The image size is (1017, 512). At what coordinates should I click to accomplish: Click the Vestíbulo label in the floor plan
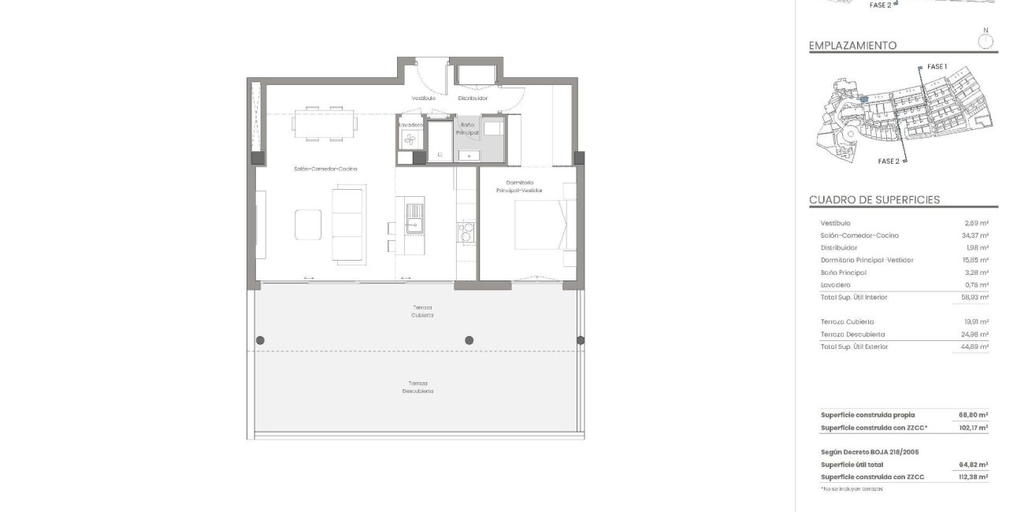(x=423, y=98)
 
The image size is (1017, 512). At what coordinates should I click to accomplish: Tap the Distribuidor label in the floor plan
(x=473, y=98)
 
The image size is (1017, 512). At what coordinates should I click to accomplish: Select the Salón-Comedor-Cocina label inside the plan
(x=321, y=169)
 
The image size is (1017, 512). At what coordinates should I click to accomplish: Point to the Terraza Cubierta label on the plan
(x=421, y=311)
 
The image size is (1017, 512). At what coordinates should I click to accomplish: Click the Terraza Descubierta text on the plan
(x=418, y=387)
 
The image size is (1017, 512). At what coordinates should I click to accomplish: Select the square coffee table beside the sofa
(x=309, y=224)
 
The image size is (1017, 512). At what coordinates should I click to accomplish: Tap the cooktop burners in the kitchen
(x=466, y=232)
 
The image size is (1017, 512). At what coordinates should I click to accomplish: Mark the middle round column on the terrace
(x=470, y=340)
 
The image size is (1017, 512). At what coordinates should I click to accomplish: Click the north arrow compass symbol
(x=985, y=40)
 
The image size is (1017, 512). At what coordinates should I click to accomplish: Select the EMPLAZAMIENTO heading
(x=852, y=46)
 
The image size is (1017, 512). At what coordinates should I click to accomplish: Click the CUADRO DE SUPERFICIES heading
(x=874, y=200)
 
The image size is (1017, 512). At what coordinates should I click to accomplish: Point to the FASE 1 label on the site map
(x=937, y=67)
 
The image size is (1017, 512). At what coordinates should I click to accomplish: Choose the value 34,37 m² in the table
(x=974, y=236)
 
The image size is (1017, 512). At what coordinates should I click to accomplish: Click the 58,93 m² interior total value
(x=974, y=297)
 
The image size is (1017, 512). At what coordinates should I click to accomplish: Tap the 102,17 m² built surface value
(x=974, y=428)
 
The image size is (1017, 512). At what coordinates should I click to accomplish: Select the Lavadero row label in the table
(x=835, y=284)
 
